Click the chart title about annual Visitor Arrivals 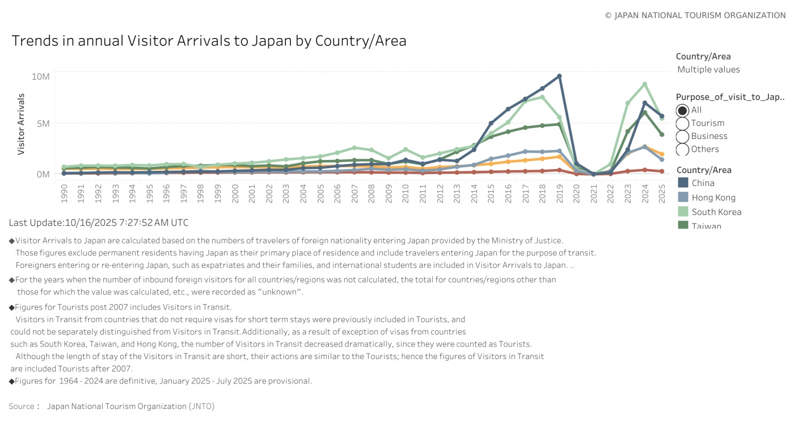(209, 41)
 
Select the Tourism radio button (682, 124)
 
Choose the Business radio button (682, 137)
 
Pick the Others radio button (682, 150)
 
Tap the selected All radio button (682, 111)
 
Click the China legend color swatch (683, 183)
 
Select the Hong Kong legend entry (713, 197)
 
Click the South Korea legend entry (716, 212)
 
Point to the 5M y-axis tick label (43, 124)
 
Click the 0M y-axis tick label (43, 174)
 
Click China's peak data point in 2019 (559, 76)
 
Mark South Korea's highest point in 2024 (645, 85)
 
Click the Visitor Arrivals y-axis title (21, 124)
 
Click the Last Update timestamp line (99, 223)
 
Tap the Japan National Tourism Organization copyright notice (695, 15)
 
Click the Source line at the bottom (112, 406)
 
